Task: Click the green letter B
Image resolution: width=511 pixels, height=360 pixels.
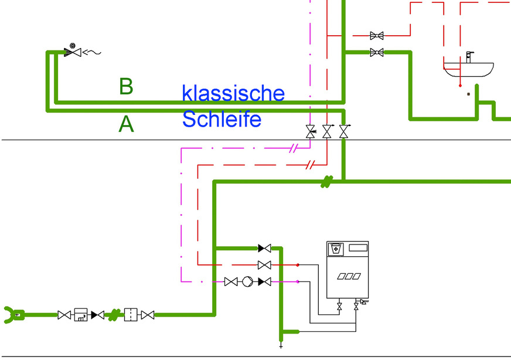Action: tap(126, 86)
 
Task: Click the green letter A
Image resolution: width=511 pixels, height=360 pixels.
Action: tap(126, 124)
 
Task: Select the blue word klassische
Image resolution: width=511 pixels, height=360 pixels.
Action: tap(233, 93)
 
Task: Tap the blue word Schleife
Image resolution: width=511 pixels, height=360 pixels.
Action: tap(221, 119)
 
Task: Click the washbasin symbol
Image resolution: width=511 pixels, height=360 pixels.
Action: tap(468, 69)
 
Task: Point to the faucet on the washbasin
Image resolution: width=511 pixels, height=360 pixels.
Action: tap(469, 56)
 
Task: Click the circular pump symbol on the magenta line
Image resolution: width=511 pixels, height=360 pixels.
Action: tap(248, 282)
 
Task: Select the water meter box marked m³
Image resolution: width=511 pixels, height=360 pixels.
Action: tap(80, 315)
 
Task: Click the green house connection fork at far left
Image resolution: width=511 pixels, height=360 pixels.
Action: tap(13, 315)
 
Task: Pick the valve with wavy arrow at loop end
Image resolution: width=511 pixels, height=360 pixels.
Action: tap(73, 52)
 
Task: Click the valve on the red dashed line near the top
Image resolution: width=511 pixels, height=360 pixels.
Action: tap(377, 35)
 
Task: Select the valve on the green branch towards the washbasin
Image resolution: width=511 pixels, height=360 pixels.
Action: tap(377, 53)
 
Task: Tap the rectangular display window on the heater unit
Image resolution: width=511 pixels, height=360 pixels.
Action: tap(357, 248)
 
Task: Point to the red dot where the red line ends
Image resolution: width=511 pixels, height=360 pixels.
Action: tap(298, 265)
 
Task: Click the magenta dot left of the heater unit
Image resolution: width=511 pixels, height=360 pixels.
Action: tap(298, 282)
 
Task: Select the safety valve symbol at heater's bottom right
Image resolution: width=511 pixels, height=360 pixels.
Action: tap(358, 305)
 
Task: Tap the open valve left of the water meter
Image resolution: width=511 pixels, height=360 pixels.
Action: tap(64, 315)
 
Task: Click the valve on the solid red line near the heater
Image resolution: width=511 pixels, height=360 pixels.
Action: tap(264, 265)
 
